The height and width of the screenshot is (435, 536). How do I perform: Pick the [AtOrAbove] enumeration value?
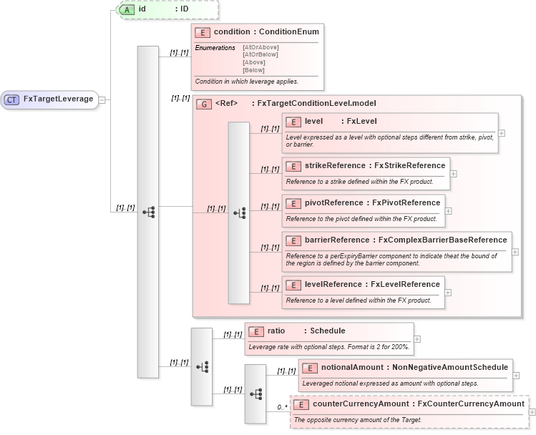click(260, 47)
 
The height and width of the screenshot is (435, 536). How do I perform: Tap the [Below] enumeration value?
click(253, 70)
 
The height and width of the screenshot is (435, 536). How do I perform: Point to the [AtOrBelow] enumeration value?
click(260, 54)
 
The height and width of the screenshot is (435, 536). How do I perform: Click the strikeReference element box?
click(366, 166)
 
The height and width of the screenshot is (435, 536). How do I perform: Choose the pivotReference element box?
click(363, 202)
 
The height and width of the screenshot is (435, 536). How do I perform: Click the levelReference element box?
click(363, 285)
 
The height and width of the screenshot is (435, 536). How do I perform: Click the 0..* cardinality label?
click(281, 407)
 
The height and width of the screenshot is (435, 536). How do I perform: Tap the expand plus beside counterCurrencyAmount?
click(532, 412)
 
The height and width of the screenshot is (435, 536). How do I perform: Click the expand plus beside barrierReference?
click(515, 252)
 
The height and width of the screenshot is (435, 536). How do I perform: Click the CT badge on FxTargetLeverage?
click(11, 99)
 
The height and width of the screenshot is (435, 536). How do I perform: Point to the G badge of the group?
click(203, 104)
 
